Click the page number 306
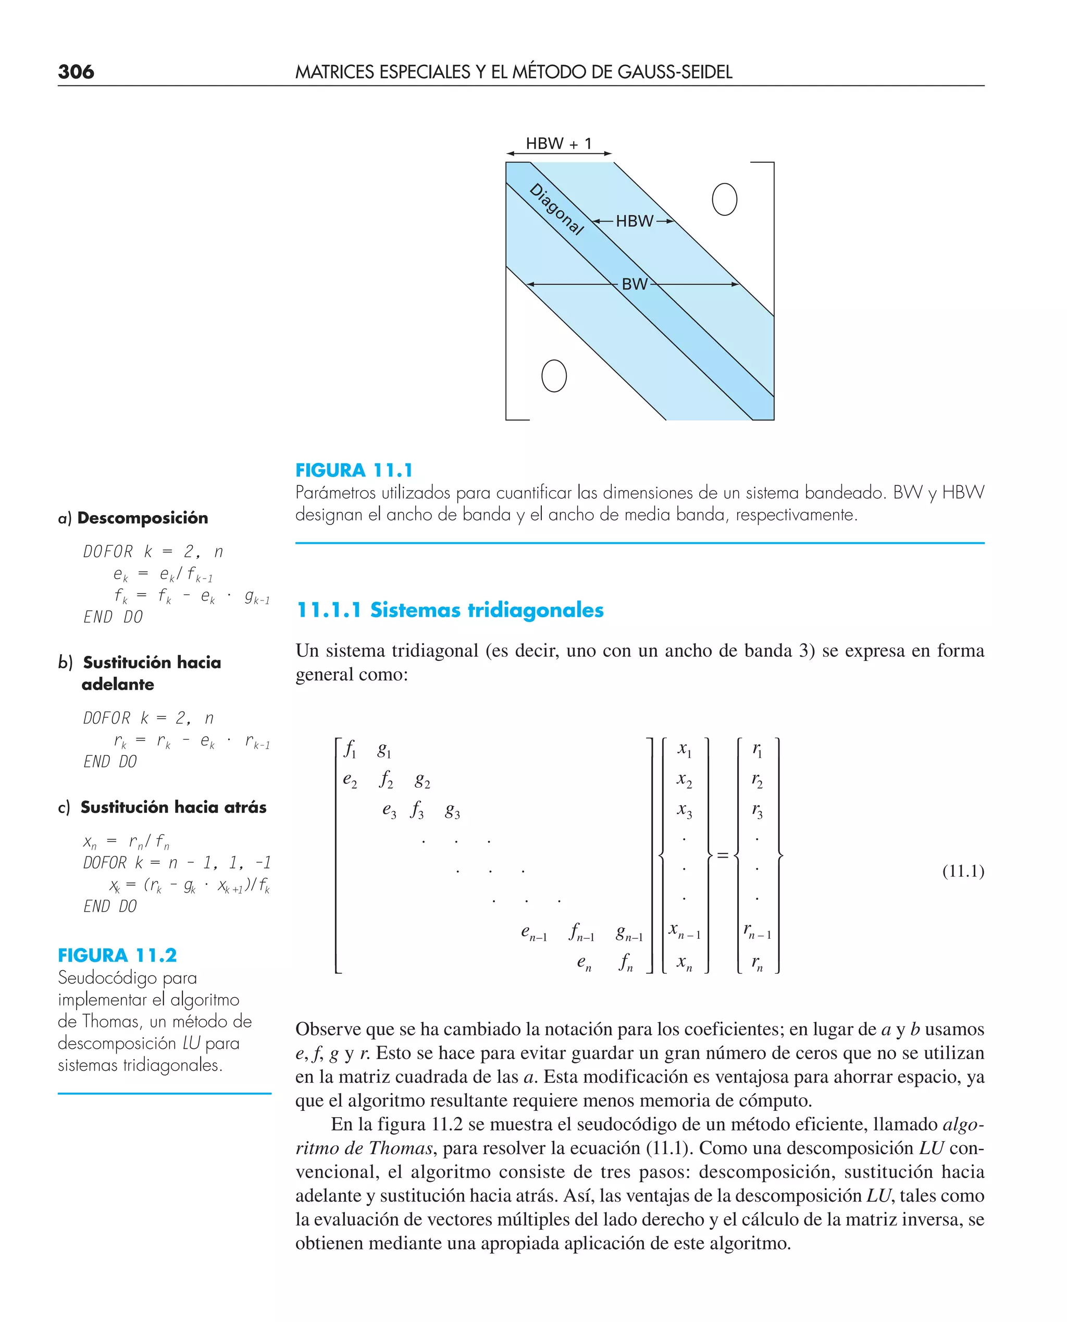click(x=76, y=72)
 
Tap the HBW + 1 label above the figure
click(x=558, y=144)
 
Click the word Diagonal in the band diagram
click(x=557, y=209)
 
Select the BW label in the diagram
click(x=634, y=284)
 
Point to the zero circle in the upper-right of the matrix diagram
click(x=724, y=199)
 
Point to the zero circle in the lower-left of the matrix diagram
click(x=554, y=376)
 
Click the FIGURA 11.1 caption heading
click(x=354, y=470)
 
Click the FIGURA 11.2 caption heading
click(x=117, y=955)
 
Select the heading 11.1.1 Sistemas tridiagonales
click(x=450, y=610)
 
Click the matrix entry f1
click(x=350, y=750)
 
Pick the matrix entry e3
click(x=389, y=811)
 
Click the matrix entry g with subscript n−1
click(x=629, y=934)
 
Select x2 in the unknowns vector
click(x=684, y=780)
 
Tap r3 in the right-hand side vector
click(x=756, y=811)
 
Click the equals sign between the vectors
click(x=723, y=855)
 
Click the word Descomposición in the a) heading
click(x=143, y=518)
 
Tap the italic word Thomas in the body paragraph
click(x=401, y=1148)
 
